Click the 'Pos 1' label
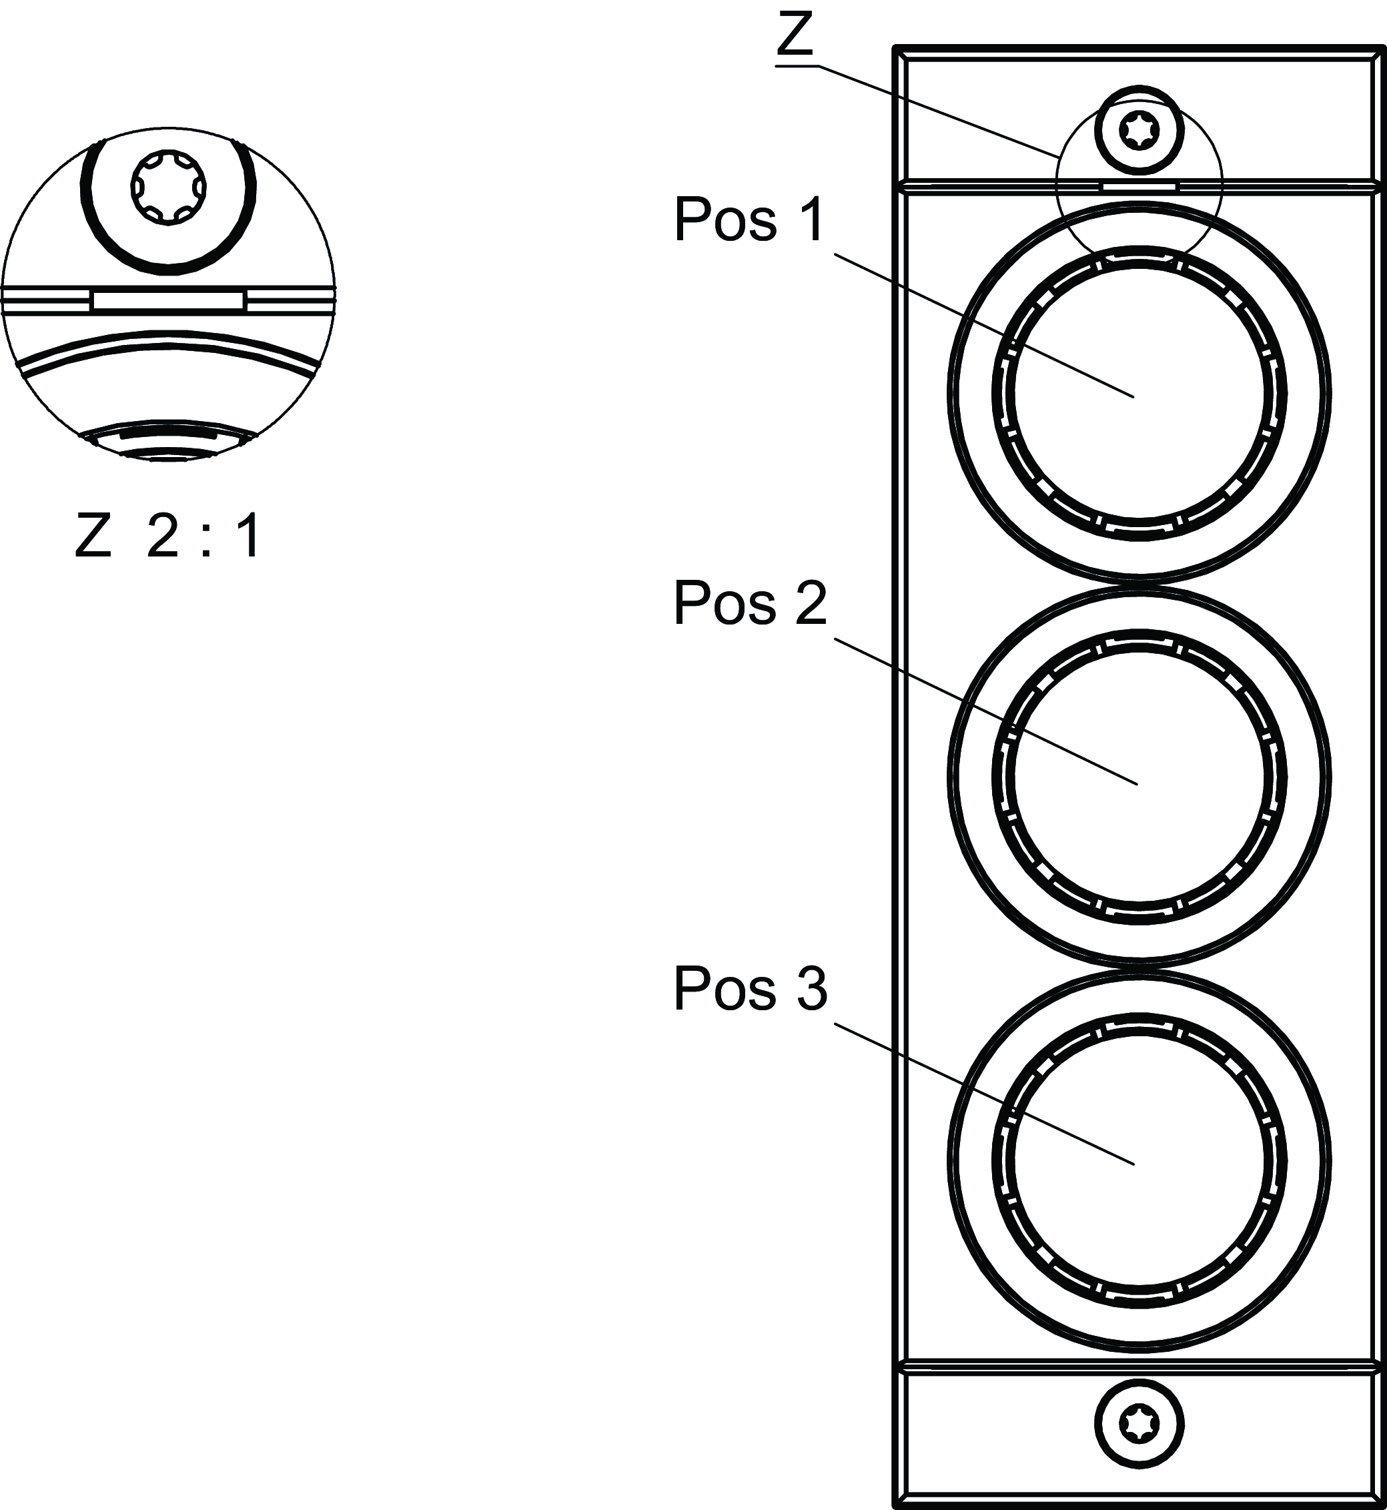click(749, 220)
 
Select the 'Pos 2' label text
click(750, 603)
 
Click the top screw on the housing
click(1139, 131)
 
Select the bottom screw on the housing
click(1139, 1424)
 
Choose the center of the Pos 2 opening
click(1139, 777)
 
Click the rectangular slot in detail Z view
click(168, 301)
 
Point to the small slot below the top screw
click(1139, 185)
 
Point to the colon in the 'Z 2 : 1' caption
click(205, 537)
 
